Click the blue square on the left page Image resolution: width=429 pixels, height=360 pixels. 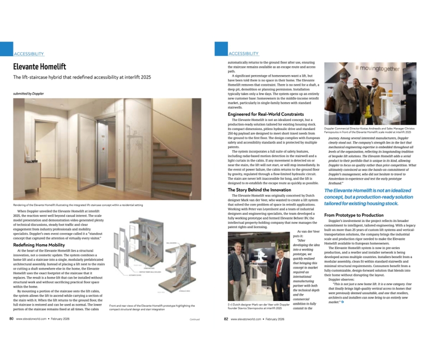[6, 48]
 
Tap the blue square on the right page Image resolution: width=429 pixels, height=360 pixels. [221, 48]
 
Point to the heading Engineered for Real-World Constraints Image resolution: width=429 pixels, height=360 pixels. [266, 114]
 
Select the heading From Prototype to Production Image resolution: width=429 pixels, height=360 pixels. [354, 215]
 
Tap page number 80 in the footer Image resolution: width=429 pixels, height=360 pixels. [11, 319]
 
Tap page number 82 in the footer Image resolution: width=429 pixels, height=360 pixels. [225, 319]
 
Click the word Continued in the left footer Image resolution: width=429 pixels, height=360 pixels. [195, 319]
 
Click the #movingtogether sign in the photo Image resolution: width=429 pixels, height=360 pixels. [377, 69]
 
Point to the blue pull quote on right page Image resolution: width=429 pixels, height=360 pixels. [367, 196]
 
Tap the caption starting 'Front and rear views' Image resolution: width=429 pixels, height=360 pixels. [153, 307]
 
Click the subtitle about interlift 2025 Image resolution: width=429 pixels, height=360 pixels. [82, 77]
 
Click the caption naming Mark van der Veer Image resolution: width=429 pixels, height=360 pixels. [258, 306]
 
